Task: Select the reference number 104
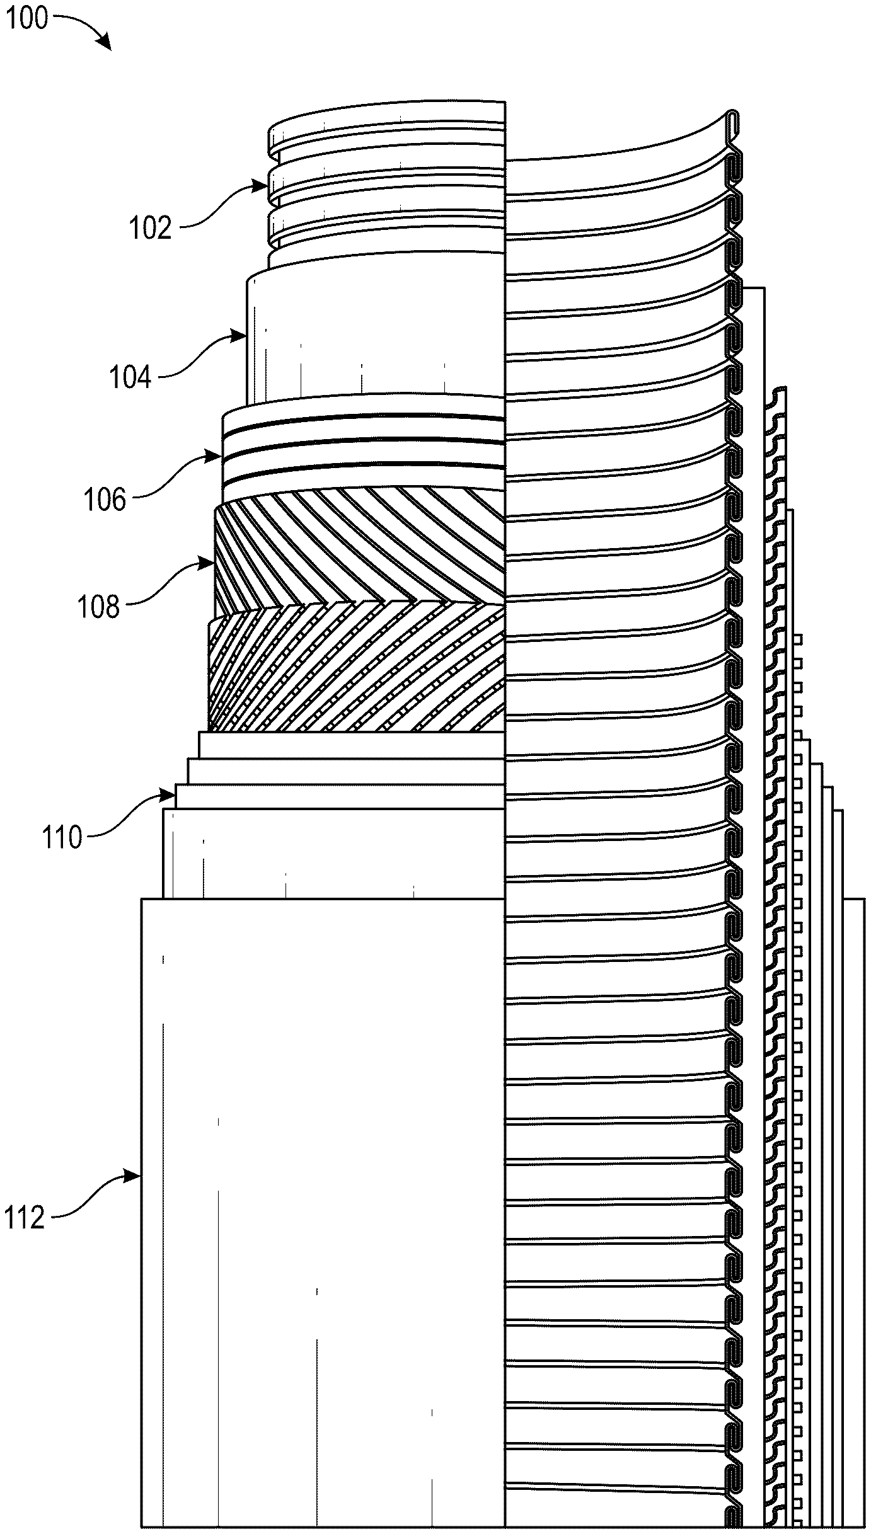pos(130,379)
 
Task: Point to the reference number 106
pos(105,500)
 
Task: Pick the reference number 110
pos(62,839)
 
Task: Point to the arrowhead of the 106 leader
pos(217,455)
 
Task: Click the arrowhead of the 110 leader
pos(170,794)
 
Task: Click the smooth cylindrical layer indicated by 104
pos(378,334)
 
